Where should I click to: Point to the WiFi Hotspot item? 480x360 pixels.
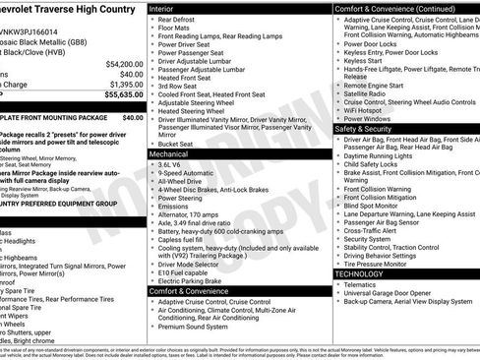click(367, 110)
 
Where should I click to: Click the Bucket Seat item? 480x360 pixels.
click(176, 144)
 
